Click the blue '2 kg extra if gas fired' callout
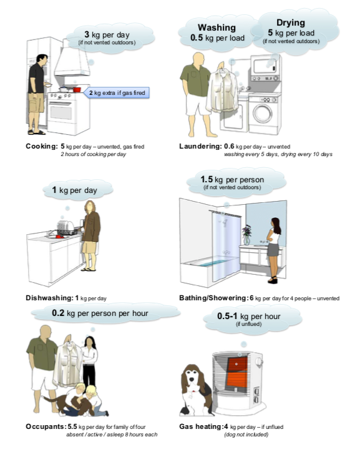[117, 92]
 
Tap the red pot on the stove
[77, 89]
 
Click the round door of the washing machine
[263, 114]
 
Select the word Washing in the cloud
[216, 27]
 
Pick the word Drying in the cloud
[290, 22]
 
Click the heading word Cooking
[42, 146]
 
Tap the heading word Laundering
[201, 146]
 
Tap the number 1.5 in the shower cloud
[207, 179]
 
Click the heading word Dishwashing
[49, 298]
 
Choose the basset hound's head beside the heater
[192, 378]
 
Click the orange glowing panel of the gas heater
[237, 371]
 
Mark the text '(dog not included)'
[246, 435]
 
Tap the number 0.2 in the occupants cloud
[58, 313]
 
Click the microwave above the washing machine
[265, 67]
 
